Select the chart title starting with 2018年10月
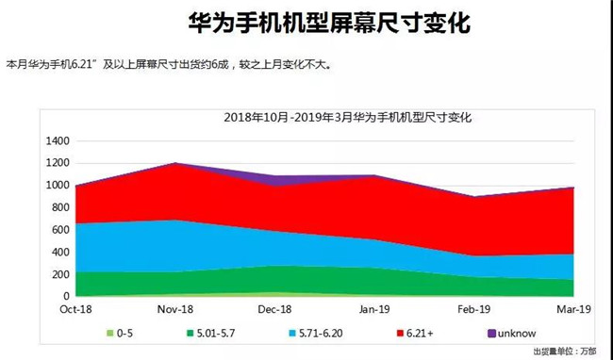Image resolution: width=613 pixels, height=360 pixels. click(347, 118)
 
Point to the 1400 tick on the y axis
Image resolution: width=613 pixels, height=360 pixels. click(58, 140)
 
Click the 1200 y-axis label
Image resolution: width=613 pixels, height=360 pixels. click(58, 163)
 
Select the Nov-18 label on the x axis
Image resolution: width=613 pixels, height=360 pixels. click(175, 309)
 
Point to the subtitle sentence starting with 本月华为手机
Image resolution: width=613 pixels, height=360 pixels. click(169, 65)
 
